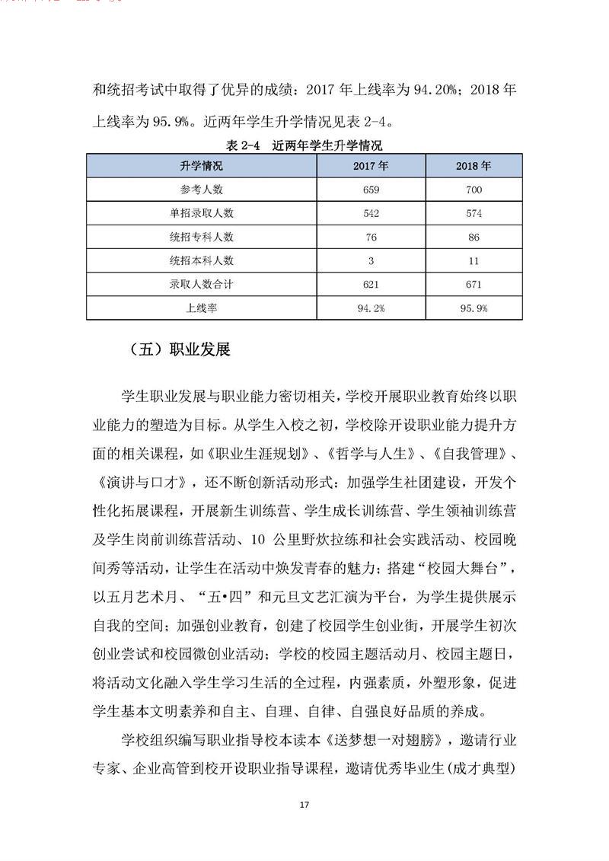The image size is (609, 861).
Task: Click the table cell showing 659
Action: [x=371, y=190]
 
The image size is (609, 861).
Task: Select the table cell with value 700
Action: [x=473, y=190]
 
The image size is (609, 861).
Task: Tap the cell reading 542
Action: [x=371, y=213]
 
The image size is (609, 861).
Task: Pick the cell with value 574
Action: [x=473, y=213]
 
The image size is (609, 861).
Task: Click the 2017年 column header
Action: [x=371, y=166]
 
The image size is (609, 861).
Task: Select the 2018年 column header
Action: [x=473, y=166]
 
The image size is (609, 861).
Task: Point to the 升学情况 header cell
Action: [x=201, y=166]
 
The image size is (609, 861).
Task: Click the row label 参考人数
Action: [x=201, y=190]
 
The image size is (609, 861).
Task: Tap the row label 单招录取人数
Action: [x=201, y=213]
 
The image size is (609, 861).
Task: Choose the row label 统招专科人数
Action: [x=201, y=237]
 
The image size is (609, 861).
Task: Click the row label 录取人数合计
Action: [x=201, y=284]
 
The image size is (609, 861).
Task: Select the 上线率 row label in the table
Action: [x=201, y=308]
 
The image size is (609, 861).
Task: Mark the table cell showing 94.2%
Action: [x=371, y=308]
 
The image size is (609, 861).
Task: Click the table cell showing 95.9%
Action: [x=473, y=308]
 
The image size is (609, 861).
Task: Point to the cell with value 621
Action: [x=371, y=284]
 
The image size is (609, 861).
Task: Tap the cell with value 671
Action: [x=473, y=284]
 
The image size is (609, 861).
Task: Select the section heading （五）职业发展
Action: [x=176, y=350]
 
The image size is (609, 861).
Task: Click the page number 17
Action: [x=304, y=805]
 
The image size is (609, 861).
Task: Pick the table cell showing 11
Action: [x=473, y=260]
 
